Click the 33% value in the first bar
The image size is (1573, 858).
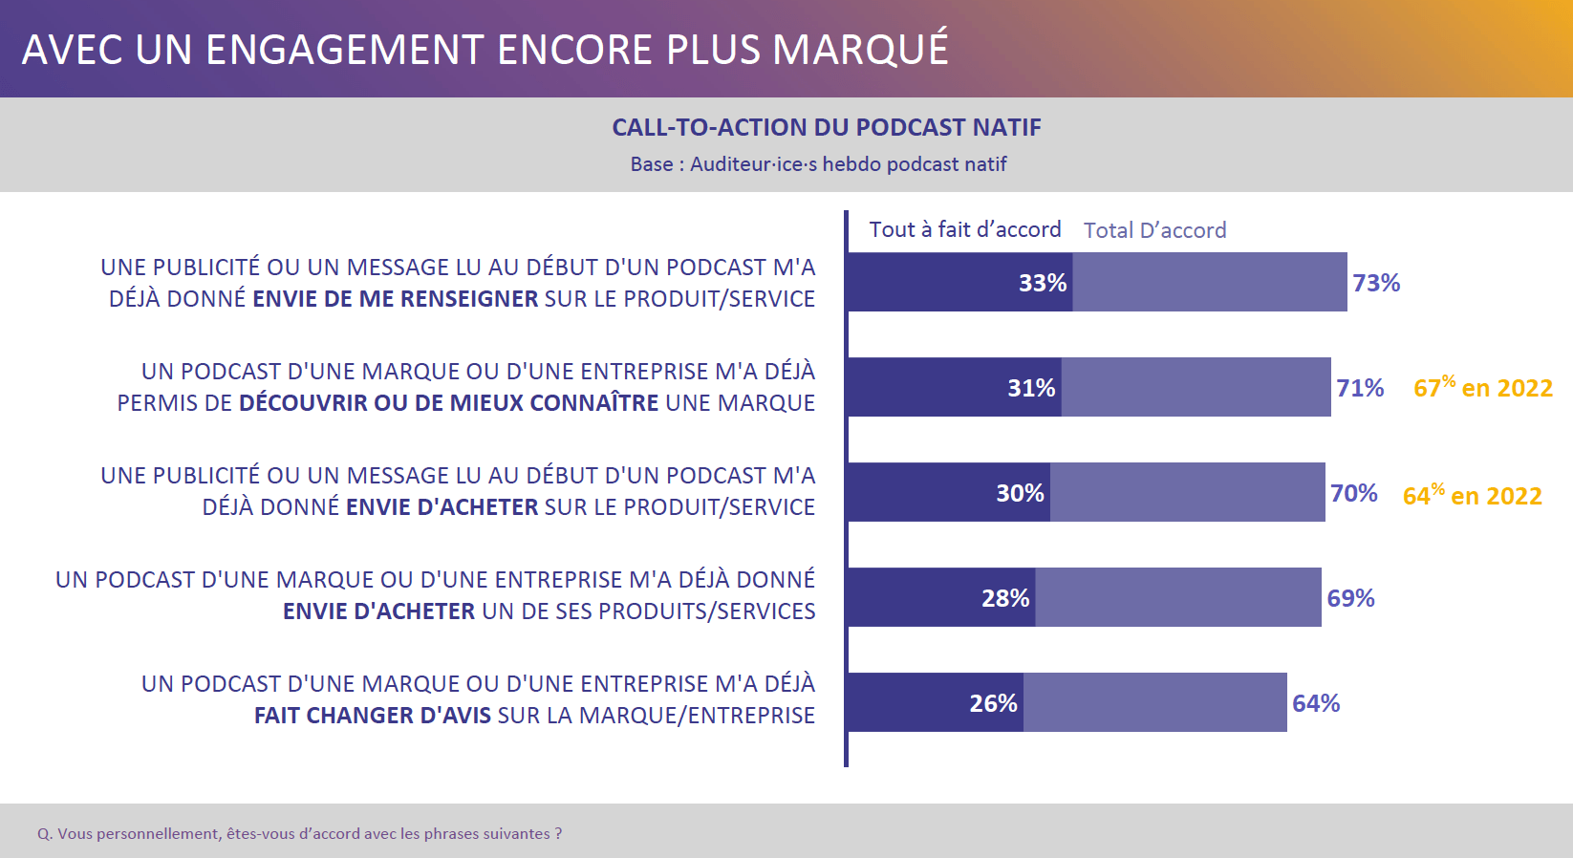[x=1042, y=283]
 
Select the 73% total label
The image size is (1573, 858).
[x=1376, y=283]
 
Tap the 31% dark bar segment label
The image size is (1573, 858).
[x=1031, y=388]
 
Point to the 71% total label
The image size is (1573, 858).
[x=1360, y=388]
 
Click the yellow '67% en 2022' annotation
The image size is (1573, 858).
[x=1482, y=387]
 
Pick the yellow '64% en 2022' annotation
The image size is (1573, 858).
[x=1472, y=495]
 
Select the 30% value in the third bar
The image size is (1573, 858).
[x=1020, y=493]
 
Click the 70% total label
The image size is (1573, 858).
[x=1354, y=493]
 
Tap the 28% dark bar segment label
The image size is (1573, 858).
[x=1005, y=598]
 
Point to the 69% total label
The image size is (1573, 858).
[x=1350, y=598]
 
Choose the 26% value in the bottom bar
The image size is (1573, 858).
[x=993, y=703]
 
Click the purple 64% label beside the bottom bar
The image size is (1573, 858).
[x=1316, y=703]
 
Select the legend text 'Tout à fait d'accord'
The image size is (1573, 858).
[x=964, y=229]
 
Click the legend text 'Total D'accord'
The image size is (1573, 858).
[x=1154, y=230]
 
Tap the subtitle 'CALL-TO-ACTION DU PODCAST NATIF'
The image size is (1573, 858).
[x=827, y=127]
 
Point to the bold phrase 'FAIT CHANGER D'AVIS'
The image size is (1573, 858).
[x=373, y=715]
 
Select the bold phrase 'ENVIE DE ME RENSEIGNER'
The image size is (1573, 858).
[x=396, y=298]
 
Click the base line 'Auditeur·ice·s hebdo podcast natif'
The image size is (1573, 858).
[x=848, y=164]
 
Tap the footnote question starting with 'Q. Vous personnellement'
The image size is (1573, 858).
[x=299, y=833]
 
